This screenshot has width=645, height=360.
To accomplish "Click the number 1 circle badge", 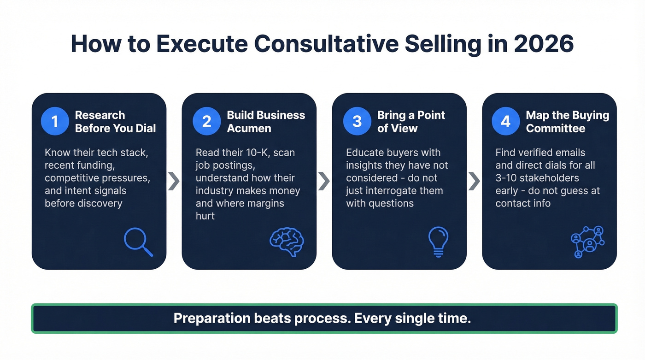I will coord(55,121).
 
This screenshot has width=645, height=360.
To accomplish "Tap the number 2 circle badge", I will coord(206,121).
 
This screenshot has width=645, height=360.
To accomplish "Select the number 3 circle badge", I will coord(357,121).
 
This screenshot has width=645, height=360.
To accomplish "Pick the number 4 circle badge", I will coord(506,121).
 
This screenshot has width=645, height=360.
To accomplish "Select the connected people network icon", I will coord(587,242).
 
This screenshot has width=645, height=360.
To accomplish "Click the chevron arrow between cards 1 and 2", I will coord(174,182).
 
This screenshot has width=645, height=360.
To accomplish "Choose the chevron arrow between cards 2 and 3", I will coord(324,182).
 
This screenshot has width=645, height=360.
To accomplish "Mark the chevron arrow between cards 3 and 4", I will coord(474,182).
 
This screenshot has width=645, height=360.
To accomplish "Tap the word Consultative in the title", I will coord(325,44).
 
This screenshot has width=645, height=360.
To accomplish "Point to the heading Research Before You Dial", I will coord(115,122).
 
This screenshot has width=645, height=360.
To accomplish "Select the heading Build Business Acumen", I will coord(266,122).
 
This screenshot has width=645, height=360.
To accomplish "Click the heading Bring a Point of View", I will coord(411,122).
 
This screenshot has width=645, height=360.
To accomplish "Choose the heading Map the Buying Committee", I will coord(567,122).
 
